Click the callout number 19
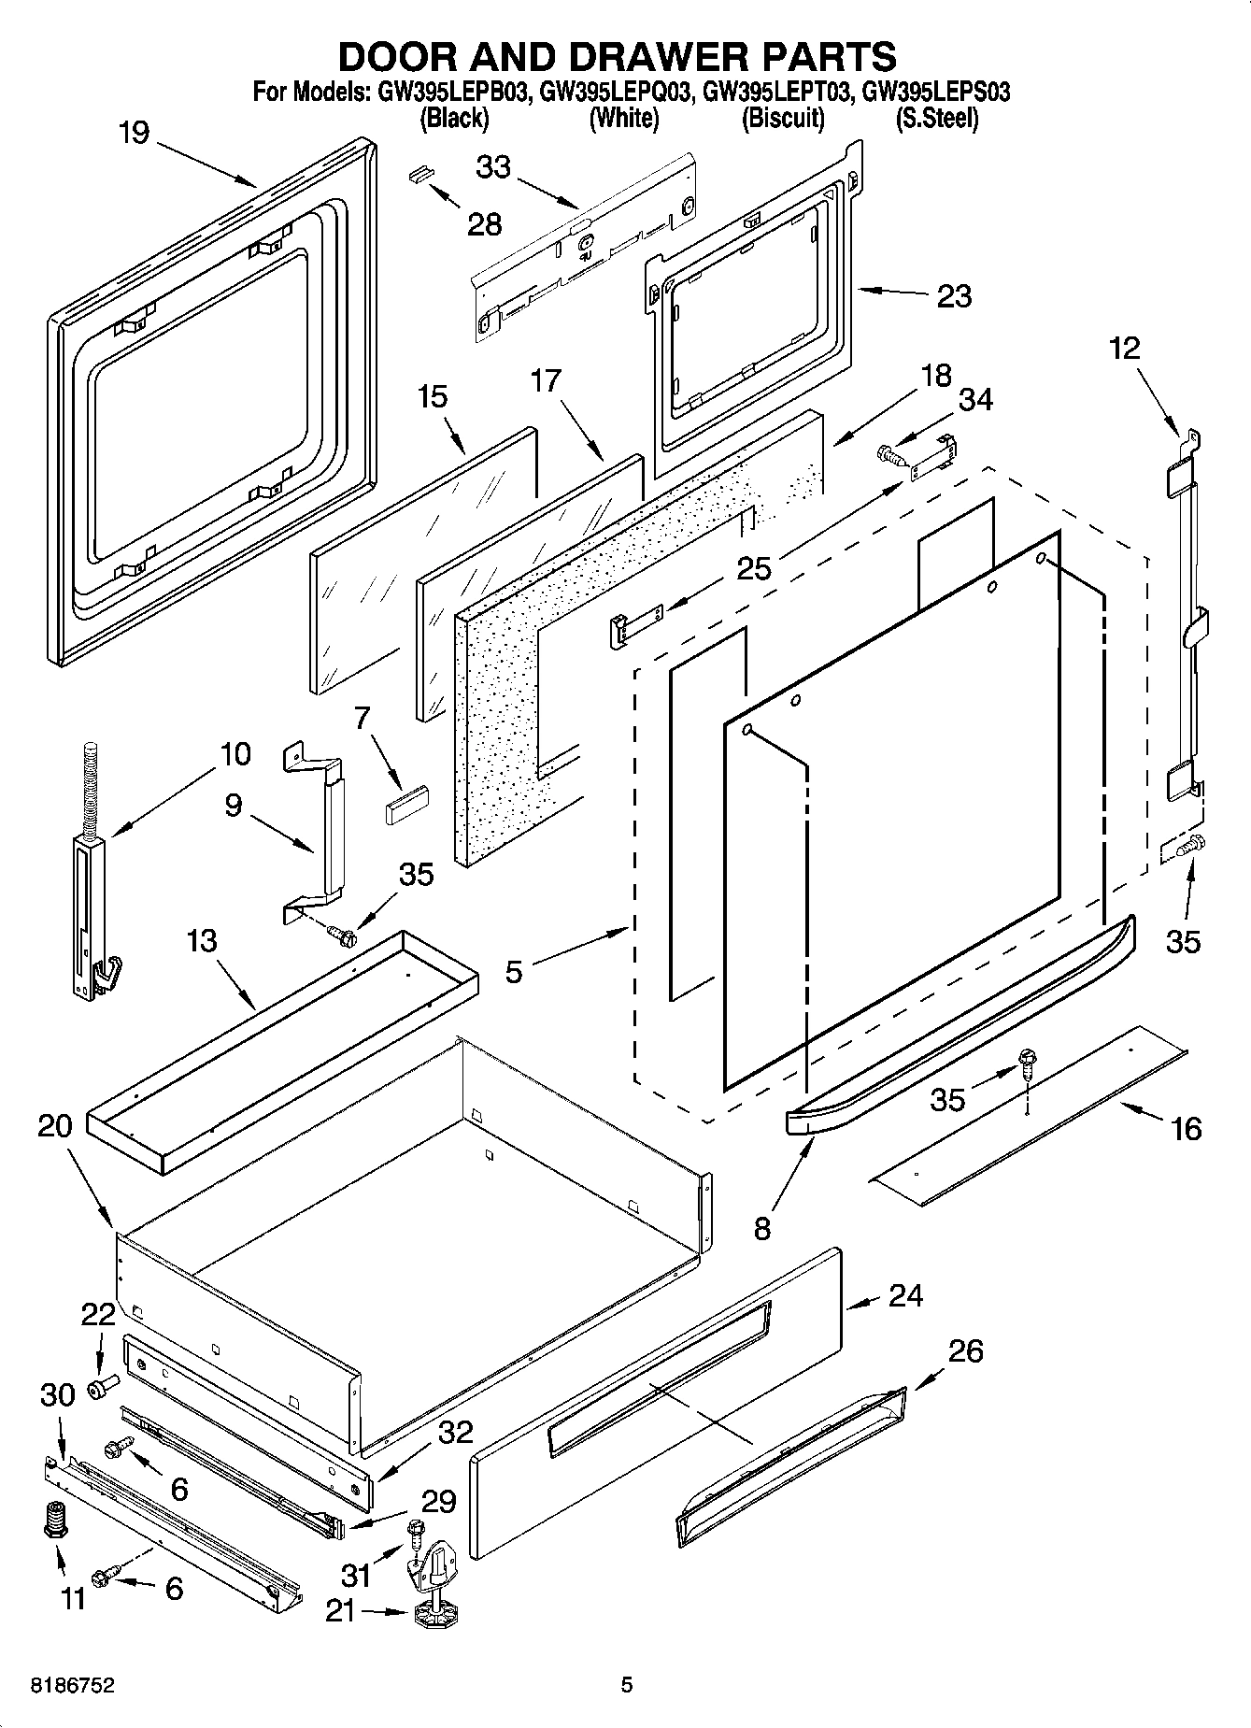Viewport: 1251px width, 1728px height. pos(134,133)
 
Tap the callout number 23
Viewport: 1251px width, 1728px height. pos(954,296)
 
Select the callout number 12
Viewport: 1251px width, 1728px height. pos(1125,349)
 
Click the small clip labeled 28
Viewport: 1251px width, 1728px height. pos(421,174)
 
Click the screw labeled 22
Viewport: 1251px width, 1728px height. pos(102,1386)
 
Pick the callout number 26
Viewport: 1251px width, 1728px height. pos(965,1351)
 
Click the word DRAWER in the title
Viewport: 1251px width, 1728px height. pos(644,57)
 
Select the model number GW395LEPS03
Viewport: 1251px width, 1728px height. pos(935,93)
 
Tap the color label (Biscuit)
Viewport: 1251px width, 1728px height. pos(783,119)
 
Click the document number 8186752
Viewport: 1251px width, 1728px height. pos(73,1685)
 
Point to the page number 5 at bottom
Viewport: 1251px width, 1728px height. pos(627,1685)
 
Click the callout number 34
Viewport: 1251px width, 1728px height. pos(975,399)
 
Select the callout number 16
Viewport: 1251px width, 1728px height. pos(1186,1129)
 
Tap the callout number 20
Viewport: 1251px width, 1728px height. pos(55,1127)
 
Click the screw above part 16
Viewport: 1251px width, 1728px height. pos(1029,1059)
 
